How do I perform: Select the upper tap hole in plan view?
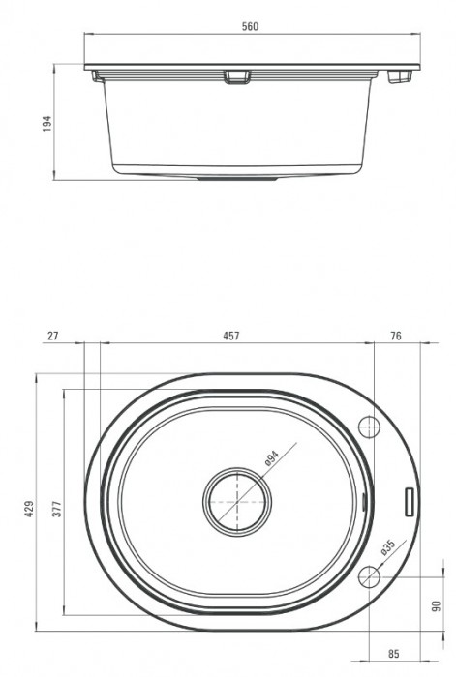(x=370, y=426)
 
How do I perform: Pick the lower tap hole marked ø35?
(x=370, y=577)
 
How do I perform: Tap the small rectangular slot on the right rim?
(x=409, y=501)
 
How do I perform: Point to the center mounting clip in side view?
(x=234, y=76)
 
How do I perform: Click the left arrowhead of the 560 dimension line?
(x=86, y=36)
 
